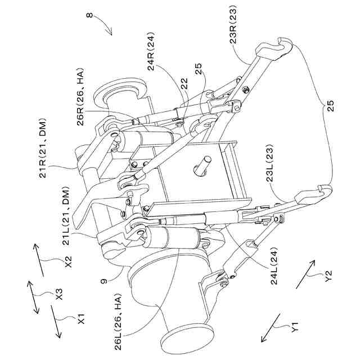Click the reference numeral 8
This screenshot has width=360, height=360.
point(92,16)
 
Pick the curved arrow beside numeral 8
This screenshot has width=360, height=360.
point(102,25)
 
